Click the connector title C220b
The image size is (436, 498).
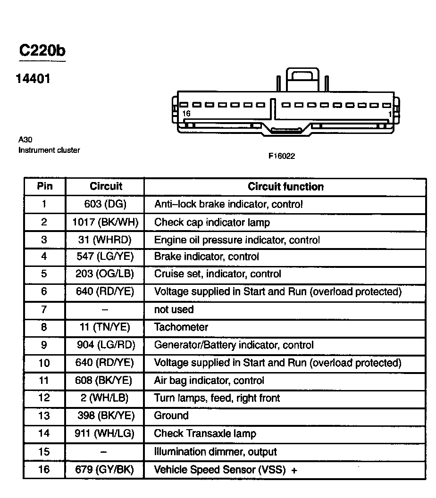point(42,50)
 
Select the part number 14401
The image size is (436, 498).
point(33,78)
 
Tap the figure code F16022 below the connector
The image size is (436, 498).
point(282,156)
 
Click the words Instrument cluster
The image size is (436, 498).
point(49,150)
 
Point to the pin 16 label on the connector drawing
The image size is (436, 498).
point(186,114)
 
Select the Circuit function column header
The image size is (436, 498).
point(285,187)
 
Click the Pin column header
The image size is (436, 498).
point(45,186)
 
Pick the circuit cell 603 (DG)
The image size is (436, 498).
point(105,204)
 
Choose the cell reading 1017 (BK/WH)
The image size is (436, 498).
point(105,222)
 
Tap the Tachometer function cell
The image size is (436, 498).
point(181,327)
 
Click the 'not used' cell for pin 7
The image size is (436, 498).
point(174,310)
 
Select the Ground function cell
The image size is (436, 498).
point(171,416)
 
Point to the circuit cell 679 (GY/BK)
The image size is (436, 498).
point(105,470)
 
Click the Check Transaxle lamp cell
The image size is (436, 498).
point(205,434)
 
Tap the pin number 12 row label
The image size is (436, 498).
point(44,398)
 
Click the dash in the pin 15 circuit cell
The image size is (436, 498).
point(104,452)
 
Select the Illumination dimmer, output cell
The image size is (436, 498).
point(216,452)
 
